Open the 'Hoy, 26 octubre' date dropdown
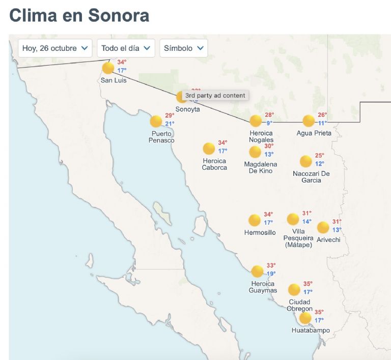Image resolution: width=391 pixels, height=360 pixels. [55, 48]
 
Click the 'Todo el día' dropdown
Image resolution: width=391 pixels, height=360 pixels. [126, 48]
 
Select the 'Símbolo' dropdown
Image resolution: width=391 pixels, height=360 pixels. [183, 48]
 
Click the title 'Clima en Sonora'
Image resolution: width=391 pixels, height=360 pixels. [79, 15]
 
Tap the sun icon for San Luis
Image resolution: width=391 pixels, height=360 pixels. [108, 68]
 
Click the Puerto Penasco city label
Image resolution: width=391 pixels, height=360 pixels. [161, 137]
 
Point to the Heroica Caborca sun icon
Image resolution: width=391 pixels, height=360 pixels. [209, 148]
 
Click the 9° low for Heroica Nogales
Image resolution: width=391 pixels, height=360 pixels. [269, 123]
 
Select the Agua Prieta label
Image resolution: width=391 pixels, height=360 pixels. [314, 133]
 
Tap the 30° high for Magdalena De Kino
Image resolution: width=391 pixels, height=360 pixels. [269, 146]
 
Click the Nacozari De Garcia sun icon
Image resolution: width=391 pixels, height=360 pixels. [305, 161]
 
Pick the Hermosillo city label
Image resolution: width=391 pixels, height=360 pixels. [260, 233]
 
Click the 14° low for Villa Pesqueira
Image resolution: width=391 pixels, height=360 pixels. [307, 221]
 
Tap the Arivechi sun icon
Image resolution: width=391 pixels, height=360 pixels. [323, 227]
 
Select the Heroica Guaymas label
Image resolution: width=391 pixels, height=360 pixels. [263, 287]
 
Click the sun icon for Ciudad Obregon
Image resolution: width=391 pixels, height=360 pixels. [294, 290]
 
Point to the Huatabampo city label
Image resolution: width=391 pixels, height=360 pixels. [311, 331]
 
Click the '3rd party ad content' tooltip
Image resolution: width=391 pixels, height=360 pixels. [215, 95]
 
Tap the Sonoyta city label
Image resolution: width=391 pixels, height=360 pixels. [188, 109]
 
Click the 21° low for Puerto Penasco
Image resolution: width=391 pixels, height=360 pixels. [170, 124]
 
